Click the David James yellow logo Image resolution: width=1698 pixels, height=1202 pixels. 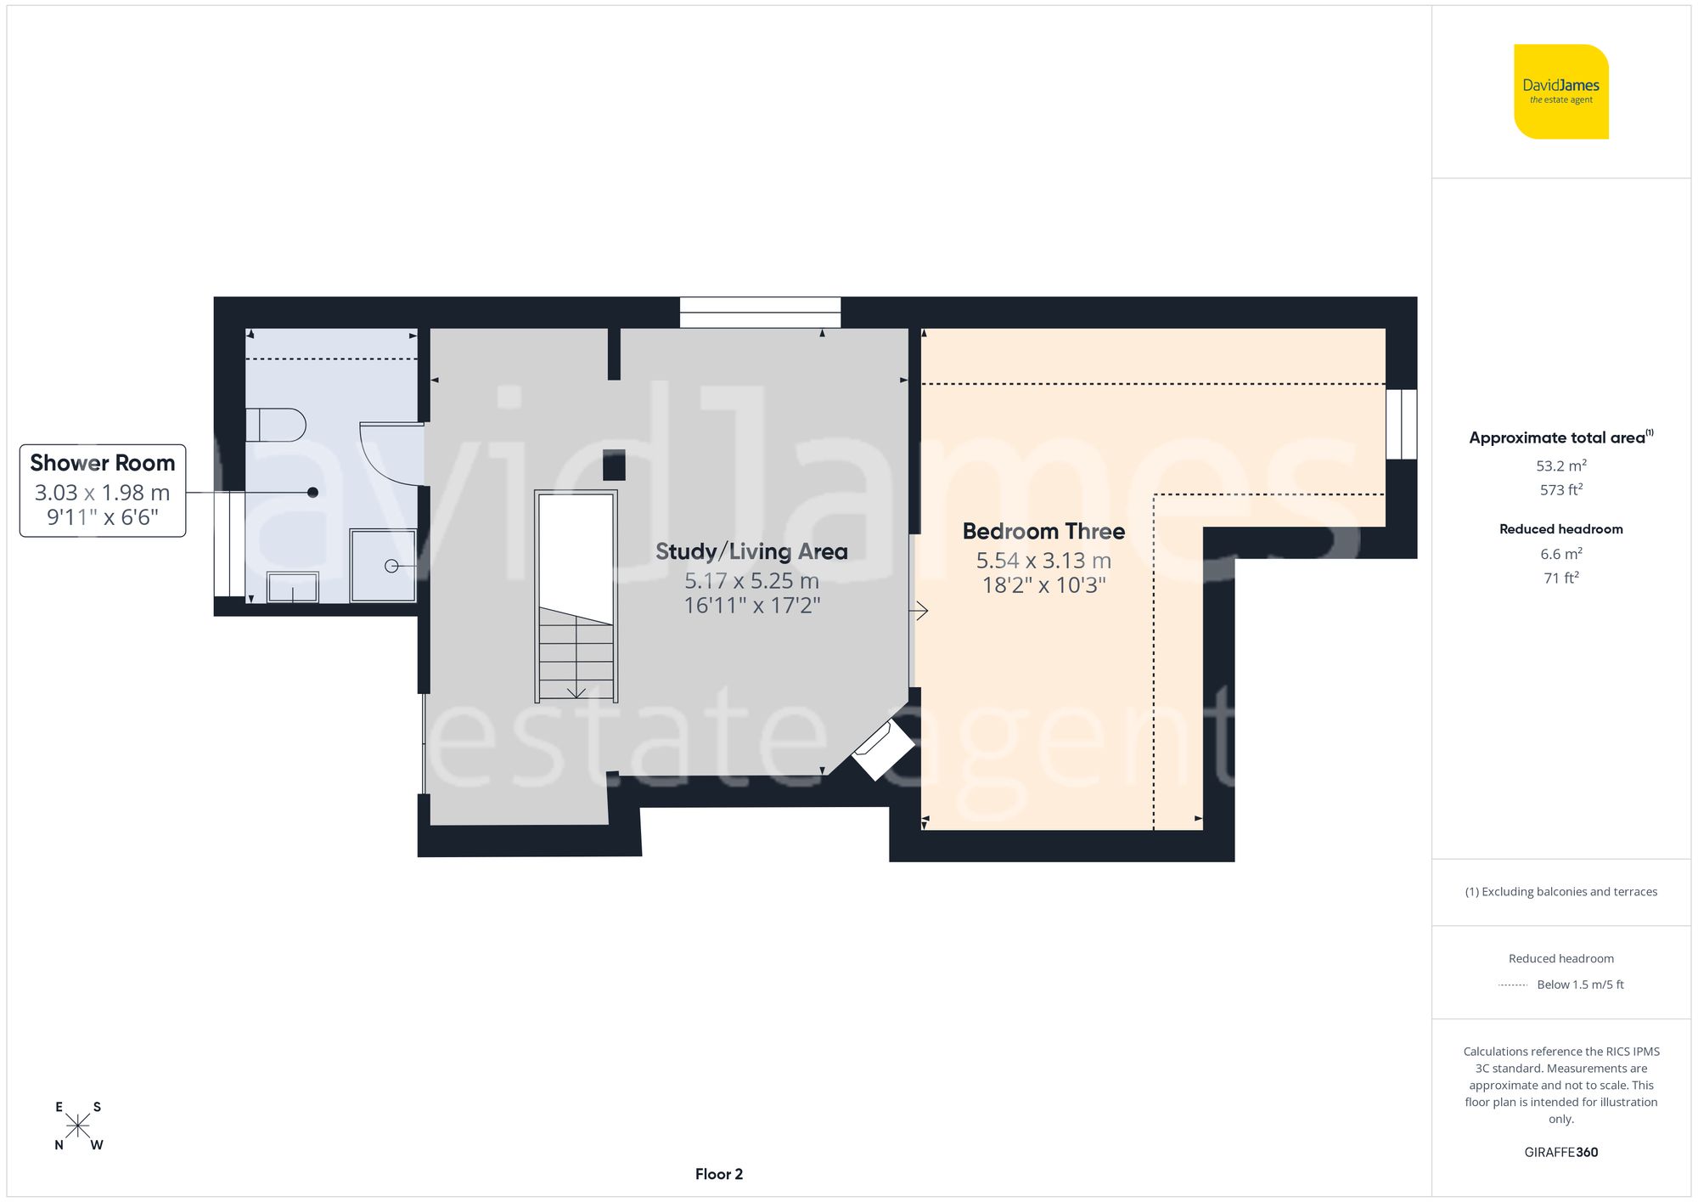coord(1560,92)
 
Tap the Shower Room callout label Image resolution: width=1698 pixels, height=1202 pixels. coord(103,463)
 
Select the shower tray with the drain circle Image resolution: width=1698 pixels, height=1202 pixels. coord(383,565)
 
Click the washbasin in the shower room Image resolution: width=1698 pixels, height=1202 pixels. coord(293,587)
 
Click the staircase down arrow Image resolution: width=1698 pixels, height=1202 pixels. coord(576,692)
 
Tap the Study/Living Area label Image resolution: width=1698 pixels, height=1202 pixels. coord(751,551)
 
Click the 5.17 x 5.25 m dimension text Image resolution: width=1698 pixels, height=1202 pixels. coord(751,581)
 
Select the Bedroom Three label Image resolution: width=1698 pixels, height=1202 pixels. coord(1043,531)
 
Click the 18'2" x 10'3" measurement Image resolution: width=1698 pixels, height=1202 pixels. coord(1043,585)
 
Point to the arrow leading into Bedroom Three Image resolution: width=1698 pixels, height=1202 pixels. coord(919,611)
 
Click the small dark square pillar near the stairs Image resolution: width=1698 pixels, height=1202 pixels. coord(614,465)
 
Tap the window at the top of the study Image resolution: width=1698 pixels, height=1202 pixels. coord(760,312)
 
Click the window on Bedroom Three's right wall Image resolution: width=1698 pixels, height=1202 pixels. coord(1401,424)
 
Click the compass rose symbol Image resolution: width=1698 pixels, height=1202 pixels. coord(77,1126)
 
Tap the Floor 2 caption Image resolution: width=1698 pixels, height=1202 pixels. coord(718,1174)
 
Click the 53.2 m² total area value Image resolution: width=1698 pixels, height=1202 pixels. coord(1560,466)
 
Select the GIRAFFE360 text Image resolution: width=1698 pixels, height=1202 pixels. coord(1560,1152)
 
